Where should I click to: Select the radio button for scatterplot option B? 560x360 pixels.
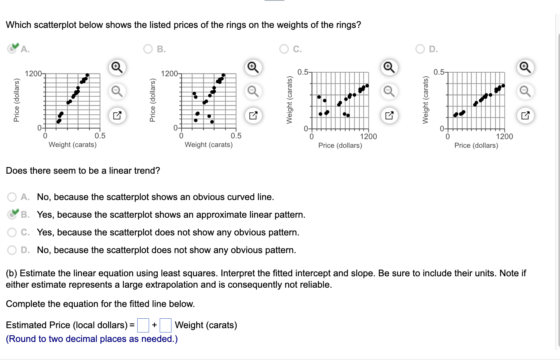click(x=148, y=49)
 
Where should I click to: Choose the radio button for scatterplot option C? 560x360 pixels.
click(x=284, y=49)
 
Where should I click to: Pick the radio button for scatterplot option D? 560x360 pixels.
click(x=420, y=49)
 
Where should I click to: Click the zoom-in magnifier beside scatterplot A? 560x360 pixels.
click(x=117, y=67)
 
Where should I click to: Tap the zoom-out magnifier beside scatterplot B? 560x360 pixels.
click(x=253, y=92)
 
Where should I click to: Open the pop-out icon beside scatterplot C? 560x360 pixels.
click(x=389, y=116)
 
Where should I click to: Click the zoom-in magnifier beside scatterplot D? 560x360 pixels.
click(x=525, y=67)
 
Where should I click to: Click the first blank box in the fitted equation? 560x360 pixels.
click(x=143, y=325)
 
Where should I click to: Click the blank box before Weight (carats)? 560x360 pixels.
click(x=166, y=325)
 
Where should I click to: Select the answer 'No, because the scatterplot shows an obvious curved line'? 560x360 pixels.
click(x=12, y=197)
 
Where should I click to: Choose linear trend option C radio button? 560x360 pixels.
click(x=12, y=232)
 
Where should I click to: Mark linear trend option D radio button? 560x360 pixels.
click(x=12, y=250)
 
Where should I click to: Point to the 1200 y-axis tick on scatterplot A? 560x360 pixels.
click(x=33, y=73)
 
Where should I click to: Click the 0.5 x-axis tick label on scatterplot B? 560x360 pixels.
click(x=236, y=136)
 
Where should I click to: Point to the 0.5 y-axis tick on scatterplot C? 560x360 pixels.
click(x=303, y=72)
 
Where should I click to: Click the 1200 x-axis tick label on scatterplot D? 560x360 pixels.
click(x=504, y=136)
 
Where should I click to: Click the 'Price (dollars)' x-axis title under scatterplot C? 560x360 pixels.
click(x=340, y=145)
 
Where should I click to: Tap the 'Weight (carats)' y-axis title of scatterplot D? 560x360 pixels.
click(x=425, y=100)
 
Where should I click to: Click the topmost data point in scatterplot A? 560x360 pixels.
click(x=87, y=75)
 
